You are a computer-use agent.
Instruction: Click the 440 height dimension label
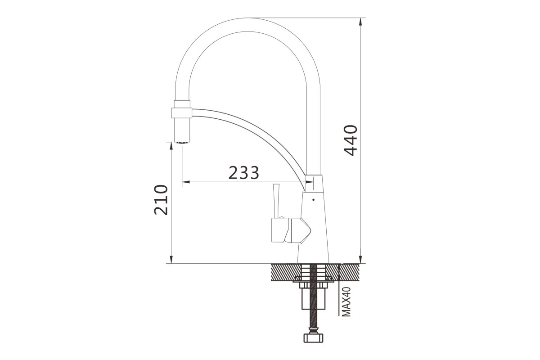[351, 140]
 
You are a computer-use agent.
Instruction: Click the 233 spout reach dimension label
[243, 173]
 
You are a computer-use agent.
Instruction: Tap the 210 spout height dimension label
[161, 200]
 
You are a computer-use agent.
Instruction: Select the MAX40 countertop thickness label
[346, 301]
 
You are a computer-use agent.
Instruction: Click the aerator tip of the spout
[182, 143]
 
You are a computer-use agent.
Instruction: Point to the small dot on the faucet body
[313, 200]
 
